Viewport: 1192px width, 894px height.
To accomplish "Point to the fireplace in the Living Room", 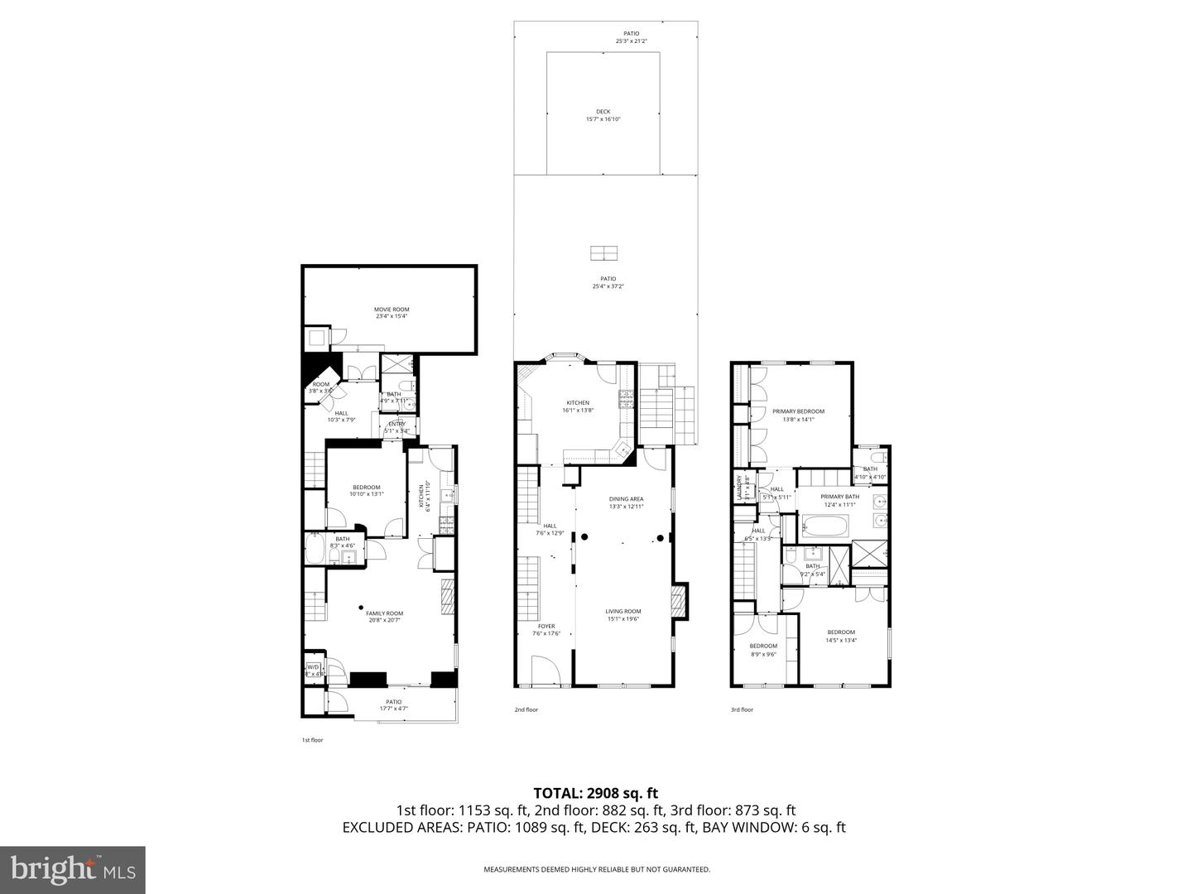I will tap(679, 601).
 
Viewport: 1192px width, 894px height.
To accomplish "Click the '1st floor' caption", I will tap(312, 740).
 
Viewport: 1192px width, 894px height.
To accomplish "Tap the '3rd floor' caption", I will tap(742, 709).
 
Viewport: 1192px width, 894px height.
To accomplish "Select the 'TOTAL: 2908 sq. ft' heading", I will tap(595, 793).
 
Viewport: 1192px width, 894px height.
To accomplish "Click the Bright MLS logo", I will tap(73, 869).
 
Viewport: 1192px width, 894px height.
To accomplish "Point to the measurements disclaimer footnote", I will tap(597, 869).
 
